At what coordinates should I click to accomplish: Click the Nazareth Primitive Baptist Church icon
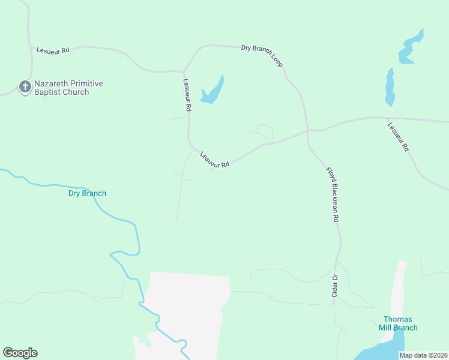[25, 88]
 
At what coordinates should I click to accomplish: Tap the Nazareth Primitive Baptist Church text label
[67, 88]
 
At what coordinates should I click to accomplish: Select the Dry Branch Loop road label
[262, 55]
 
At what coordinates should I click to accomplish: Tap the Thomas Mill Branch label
[398, 323]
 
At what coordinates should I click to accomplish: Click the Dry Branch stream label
[87, 193]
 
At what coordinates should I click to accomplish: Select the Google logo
[20, 353]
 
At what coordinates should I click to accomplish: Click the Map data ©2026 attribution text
[423, 355]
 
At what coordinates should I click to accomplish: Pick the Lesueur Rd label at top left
[53, 50]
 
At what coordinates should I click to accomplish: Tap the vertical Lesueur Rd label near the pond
[187, 95]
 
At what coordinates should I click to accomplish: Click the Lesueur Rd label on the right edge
[399, 137]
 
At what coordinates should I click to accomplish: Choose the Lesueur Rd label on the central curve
[215, 159]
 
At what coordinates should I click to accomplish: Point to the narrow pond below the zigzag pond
[390, 87]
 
